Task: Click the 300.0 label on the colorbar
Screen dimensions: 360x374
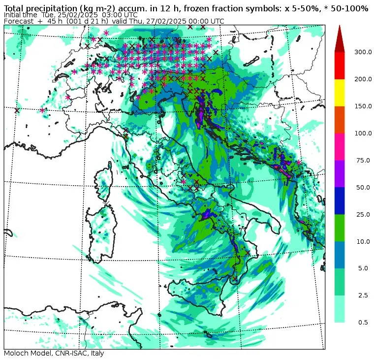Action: click(362, 52)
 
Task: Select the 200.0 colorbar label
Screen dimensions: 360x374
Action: click(362, 79)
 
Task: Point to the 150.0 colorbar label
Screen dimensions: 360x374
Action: click(362, 106)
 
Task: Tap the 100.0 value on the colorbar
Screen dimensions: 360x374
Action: click(362, 133)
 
